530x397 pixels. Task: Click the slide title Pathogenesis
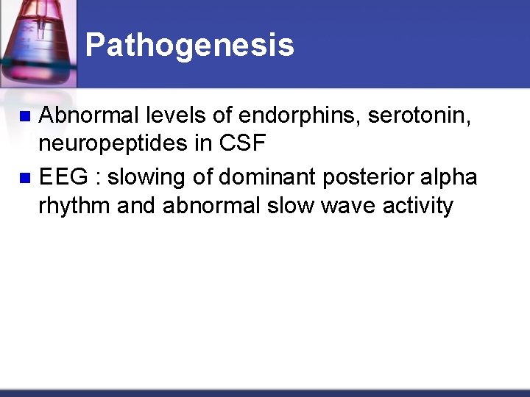click(189, 46)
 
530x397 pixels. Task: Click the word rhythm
click(74, 206)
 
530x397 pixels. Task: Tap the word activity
click(417, 206)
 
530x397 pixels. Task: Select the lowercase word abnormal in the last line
click(211, 206)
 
